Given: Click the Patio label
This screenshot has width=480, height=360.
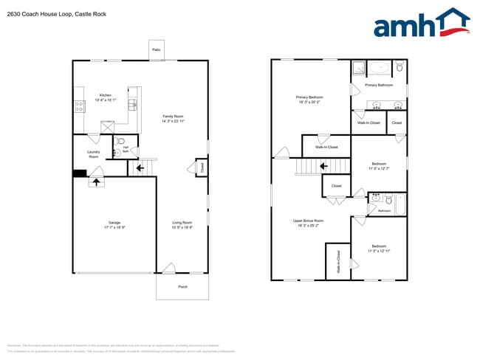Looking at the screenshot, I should [156, 49].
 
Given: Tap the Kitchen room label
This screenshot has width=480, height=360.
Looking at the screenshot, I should [106, 95].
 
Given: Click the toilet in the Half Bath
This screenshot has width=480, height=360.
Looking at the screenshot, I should [122, 140].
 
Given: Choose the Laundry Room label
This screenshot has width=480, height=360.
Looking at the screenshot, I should [93, 154].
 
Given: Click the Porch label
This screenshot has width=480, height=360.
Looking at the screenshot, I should [182, 288].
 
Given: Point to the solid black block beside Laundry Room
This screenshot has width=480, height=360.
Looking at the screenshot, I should [78, 174].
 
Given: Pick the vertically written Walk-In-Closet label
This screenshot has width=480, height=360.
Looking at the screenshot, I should [338, 262].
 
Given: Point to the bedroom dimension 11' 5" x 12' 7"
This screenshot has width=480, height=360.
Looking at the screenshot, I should [378, 168].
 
